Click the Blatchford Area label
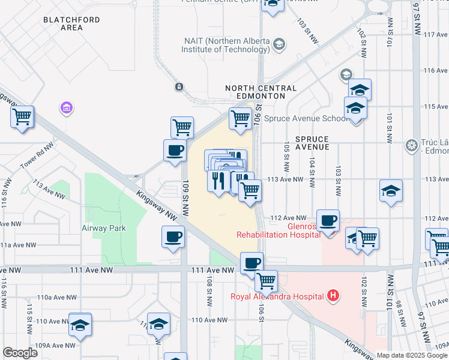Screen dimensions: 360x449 pyautogui.click(x=63, y=23)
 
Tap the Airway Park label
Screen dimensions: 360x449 pyautogui.click(x=104, y=228)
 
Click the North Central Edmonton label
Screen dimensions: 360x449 pyautogui.click(x=261, y=92)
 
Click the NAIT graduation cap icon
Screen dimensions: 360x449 pyautogui.click(x=279, y=44)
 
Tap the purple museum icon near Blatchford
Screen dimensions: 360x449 pyautogui.click(x=66, y=109)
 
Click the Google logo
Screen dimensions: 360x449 pyautogui.click(x=20, y=353)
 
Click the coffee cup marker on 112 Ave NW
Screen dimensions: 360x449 pyautogui.click(x=328, y=221)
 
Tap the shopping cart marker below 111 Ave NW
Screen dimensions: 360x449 pyautogui.click(x=266, y=280)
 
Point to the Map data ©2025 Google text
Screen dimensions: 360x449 pyautogui.click(x=411, y=355)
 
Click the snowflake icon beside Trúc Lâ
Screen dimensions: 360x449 pyautogui.click(x=411, y=145)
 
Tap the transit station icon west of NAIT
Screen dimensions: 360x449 pyautogui.click(x=178, y=87)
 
